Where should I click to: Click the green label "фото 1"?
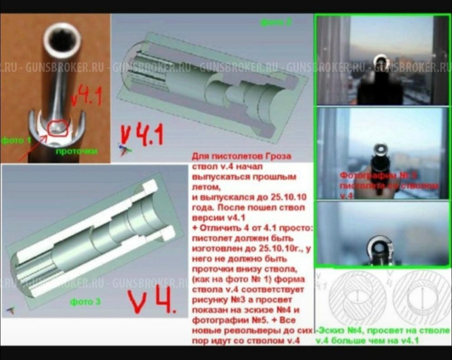point(16,140)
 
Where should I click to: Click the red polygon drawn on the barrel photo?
point(58,128)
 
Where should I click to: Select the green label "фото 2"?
point(275,21)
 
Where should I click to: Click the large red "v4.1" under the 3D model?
point(141,135)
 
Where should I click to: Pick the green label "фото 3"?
point(85,301)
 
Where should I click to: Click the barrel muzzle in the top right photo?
point(381,62)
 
